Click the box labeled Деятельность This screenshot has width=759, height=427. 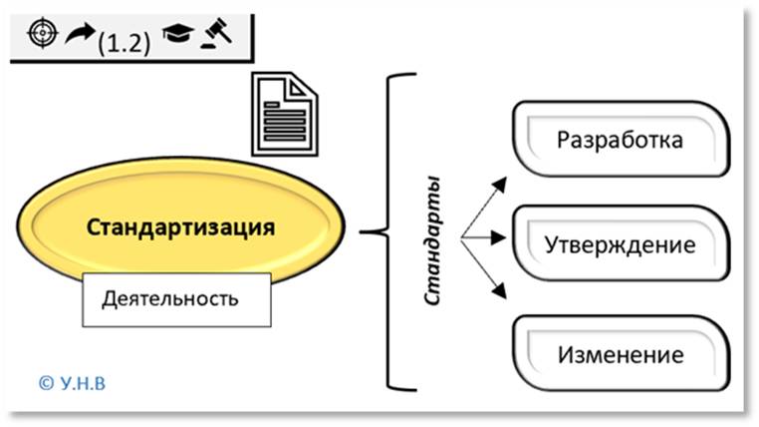(x=175, y=297)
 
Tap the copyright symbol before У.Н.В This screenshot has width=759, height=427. (x=44, y=381)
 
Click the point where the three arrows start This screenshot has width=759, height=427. (x=461, y=238)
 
